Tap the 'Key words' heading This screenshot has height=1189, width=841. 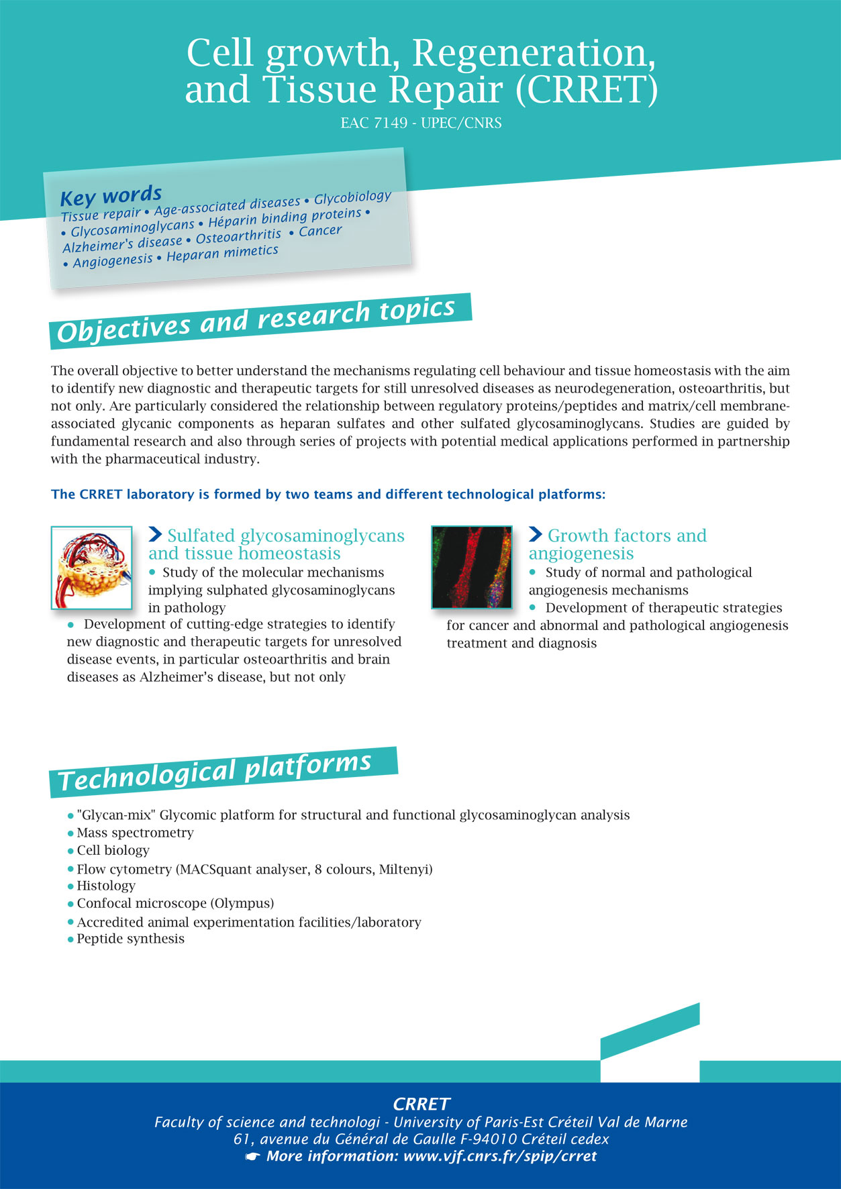point(111,196)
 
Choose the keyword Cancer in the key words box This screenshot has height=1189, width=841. point(320,231)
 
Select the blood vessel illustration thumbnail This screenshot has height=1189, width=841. point(91,568)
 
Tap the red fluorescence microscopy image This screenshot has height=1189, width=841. point(471,568)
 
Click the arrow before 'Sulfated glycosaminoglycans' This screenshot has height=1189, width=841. point(155,534)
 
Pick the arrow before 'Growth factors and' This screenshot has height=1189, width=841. point(536,534)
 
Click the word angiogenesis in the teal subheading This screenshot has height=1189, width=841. point(581,554)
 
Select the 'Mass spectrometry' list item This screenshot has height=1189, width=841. point(135,833)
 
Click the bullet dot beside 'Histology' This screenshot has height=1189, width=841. point(70,886)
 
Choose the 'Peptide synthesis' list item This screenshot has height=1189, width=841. point(130,939)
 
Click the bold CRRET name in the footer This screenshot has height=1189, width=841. point(421,1104)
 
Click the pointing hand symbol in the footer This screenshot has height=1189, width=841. point(253,1156)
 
